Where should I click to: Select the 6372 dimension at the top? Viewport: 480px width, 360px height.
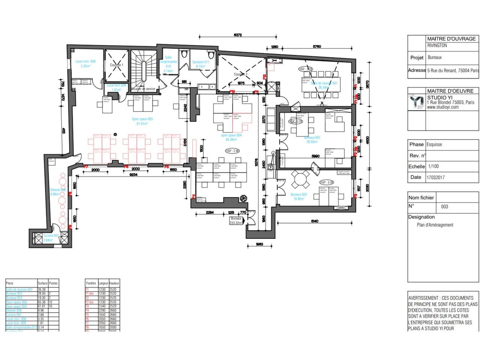237,35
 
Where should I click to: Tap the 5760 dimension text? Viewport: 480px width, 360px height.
317,47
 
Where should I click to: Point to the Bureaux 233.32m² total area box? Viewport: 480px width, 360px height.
236,220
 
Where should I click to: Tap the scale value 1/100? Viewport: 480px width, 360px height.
433,166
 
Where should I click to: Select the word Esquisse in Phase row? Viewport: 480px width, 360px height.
434,144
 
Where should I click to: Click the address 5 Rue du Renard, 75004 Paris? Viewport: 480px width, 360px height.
453,70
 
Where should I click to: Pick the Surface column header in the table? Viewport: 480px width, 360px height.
42,283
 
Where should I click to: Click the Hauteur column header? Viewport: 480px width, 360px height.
114,283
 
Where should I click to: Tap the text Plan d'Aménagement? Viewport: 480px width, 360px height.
435,225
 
